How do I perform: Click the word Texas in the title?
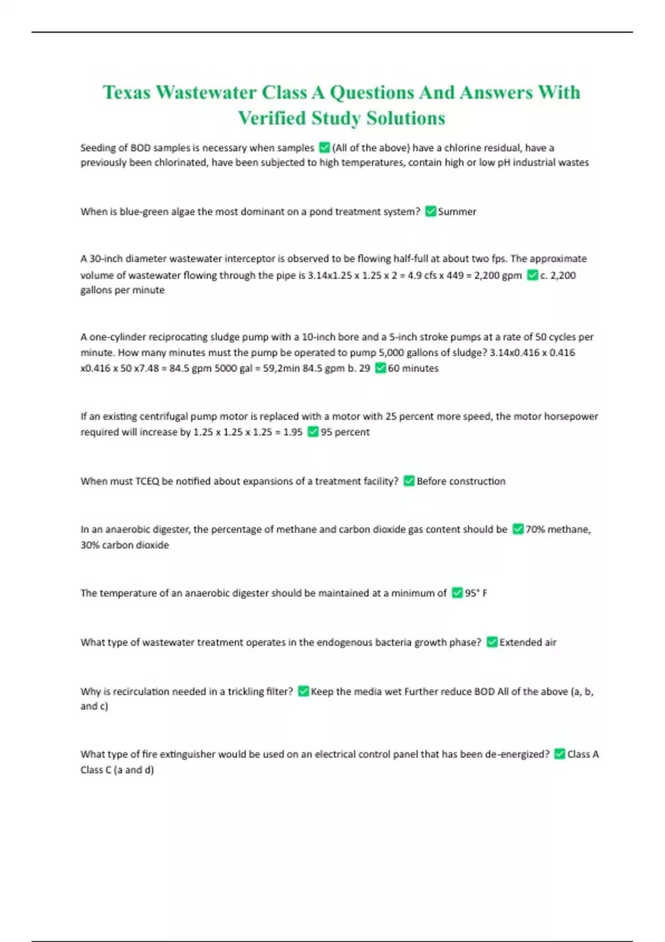point(126,93)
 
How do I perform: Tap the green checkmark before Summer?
point(431,211)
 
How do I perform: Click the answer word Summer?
point(457,212)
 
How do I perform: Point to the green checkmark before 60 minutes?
point(380,368)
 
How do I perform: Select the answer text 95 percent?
point(345,432)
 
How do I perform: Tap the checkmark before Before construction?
point(409,481)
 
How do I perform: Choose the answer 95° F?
point(476,593)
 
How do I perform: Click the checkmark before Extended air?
point(492,642)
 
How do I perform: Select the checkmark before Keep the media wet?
point(303,691)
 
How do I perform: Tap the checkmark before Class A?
point(560,754)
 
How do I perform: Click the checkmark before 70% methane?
point(518,529)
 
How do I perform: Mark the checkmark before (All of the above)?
point(325,147)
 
